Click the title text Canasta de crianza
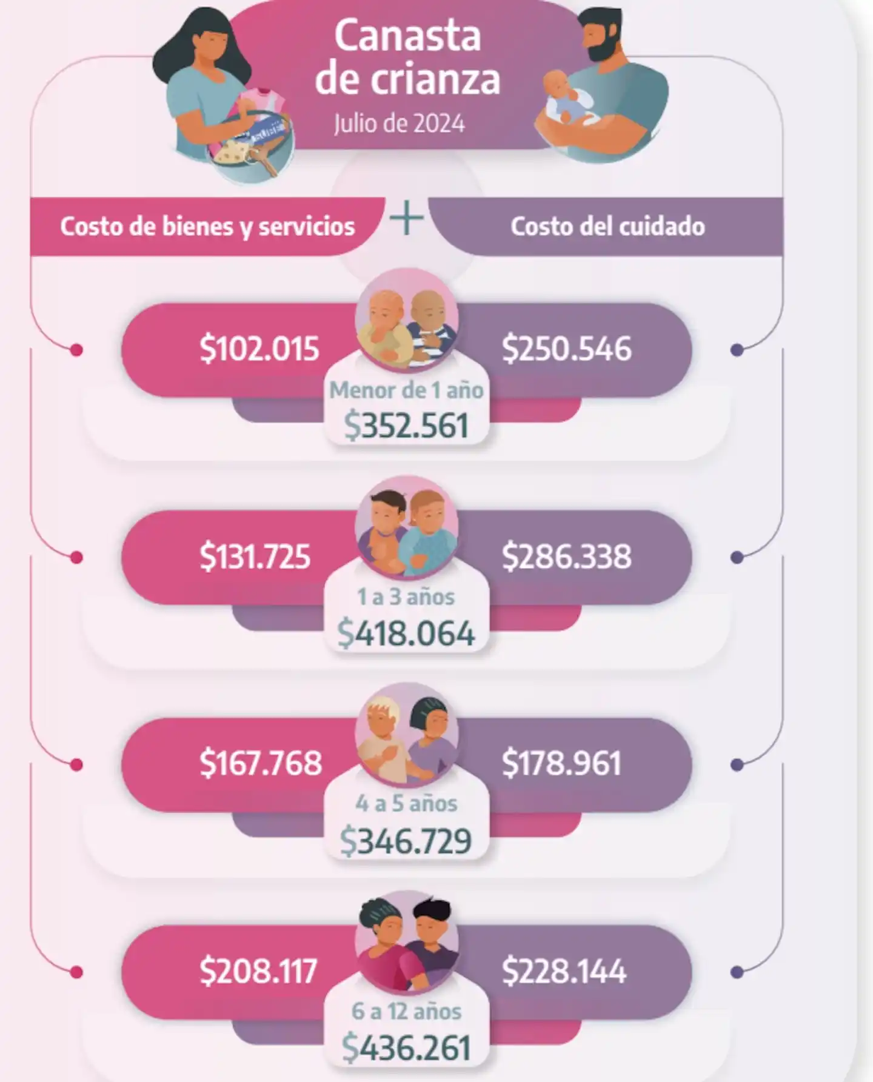click(x=407, y=58)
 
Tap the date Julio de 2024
click(x=400, y=124)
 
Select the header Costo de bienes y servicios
click(x=207, y=226)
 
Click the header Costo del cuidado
click(x=607, y=226)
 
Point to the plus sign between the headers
click(x=407, y=219)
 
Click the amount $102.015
click(x=259, y=349)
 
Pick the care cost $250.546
click(x=566, y=349)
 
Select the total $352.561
click(x=407, y=426)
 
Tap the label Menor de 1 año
click(x=407, y=390)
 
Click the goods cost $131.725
click(x=255, y=556)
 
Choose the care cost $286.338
click(x=566, y=556)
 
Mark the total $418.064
click(x=407, y=633)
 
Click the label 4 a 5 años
click(x=407, y=804)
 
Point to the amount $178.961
click(x=561, y=763)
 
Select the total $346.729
click(x=407, y=841)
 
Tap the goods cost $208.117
click(x=258, y=971)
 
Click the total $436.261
click(x=407, y=1048)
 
